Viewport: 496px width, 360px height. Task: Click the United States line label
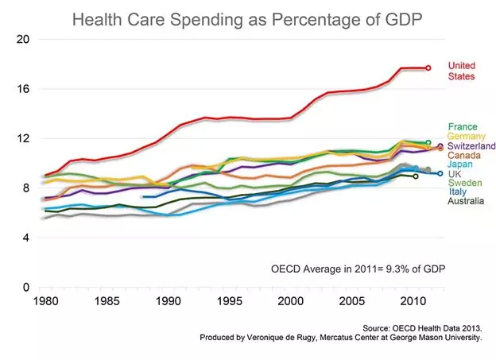[461, 71]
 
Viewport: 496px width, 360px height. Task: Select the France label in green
[463, 126]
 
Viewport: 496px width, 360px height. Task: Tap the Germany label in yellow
[467, 137]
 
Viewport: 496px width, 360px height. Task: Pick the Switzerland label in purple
[472, 146]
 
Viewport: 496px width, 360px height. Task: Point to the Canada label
[465, 156]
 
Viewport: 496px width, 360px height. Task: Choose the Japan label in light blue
[462, 165]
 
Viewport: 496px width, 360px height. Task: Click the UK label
[455, 174]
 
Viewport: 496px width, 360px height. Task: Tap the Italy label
[458, 193]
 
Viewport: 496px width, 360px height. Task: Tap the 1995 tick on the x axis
[230, 302]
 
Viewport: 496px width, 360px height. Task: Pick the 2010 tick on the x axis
[413, 302]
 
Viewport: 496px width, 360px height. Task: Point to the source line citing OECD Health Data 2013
[422, 327]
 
